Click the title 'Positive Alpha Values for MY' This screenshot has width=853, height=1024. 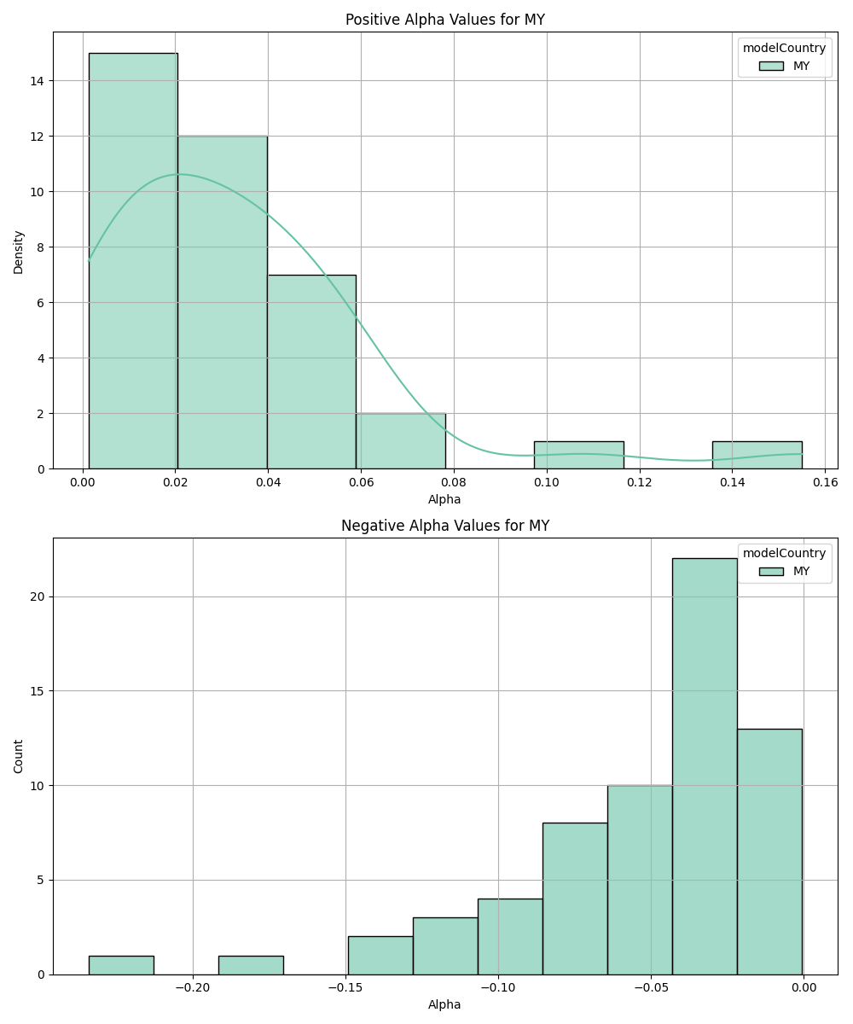tap(444, 20)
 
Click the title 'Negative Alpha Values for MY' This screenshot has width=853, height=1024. tap(444, 526)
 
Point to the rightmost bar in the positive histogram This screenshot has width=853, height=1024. tap(757, 455)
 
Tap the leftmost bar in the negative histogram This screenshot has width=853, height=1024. tap(121, 965)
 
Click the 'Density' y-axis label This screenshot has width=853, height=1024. tap(19, 251)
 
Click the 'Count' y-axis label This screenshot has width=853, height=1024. tap(19, 756)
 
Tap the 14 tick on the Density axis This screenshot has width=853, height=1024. tap(39, 81)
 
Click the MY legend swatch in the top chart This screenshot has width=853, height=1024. tap(771, 66)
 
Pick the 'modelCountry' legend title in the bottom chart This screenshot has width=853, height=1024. tap(784, 553)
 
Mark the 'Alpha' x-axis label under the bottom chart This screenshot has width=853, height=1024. tap(444, 1004)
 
